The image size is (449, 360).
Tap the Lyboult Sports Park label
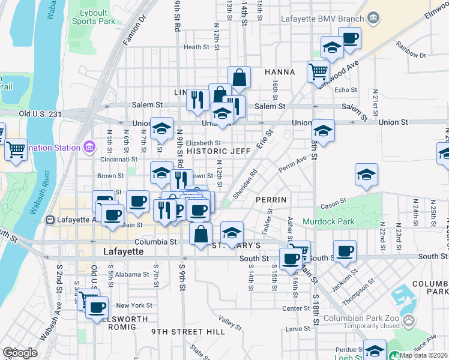tap(94, 16)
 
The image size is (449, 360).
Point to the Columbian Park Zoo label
tap(360, 319)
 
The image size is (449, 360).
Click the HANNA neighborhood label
tap(280, 72)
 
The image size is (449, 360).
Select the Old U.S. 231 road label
tap(41, 113)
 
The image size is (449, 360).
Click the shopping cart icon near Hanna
tap(318, 71)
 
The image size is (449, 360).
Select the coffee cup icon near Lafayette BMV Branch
tap(349, 38)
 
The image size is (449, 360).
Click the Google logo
tap(20, 353)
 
